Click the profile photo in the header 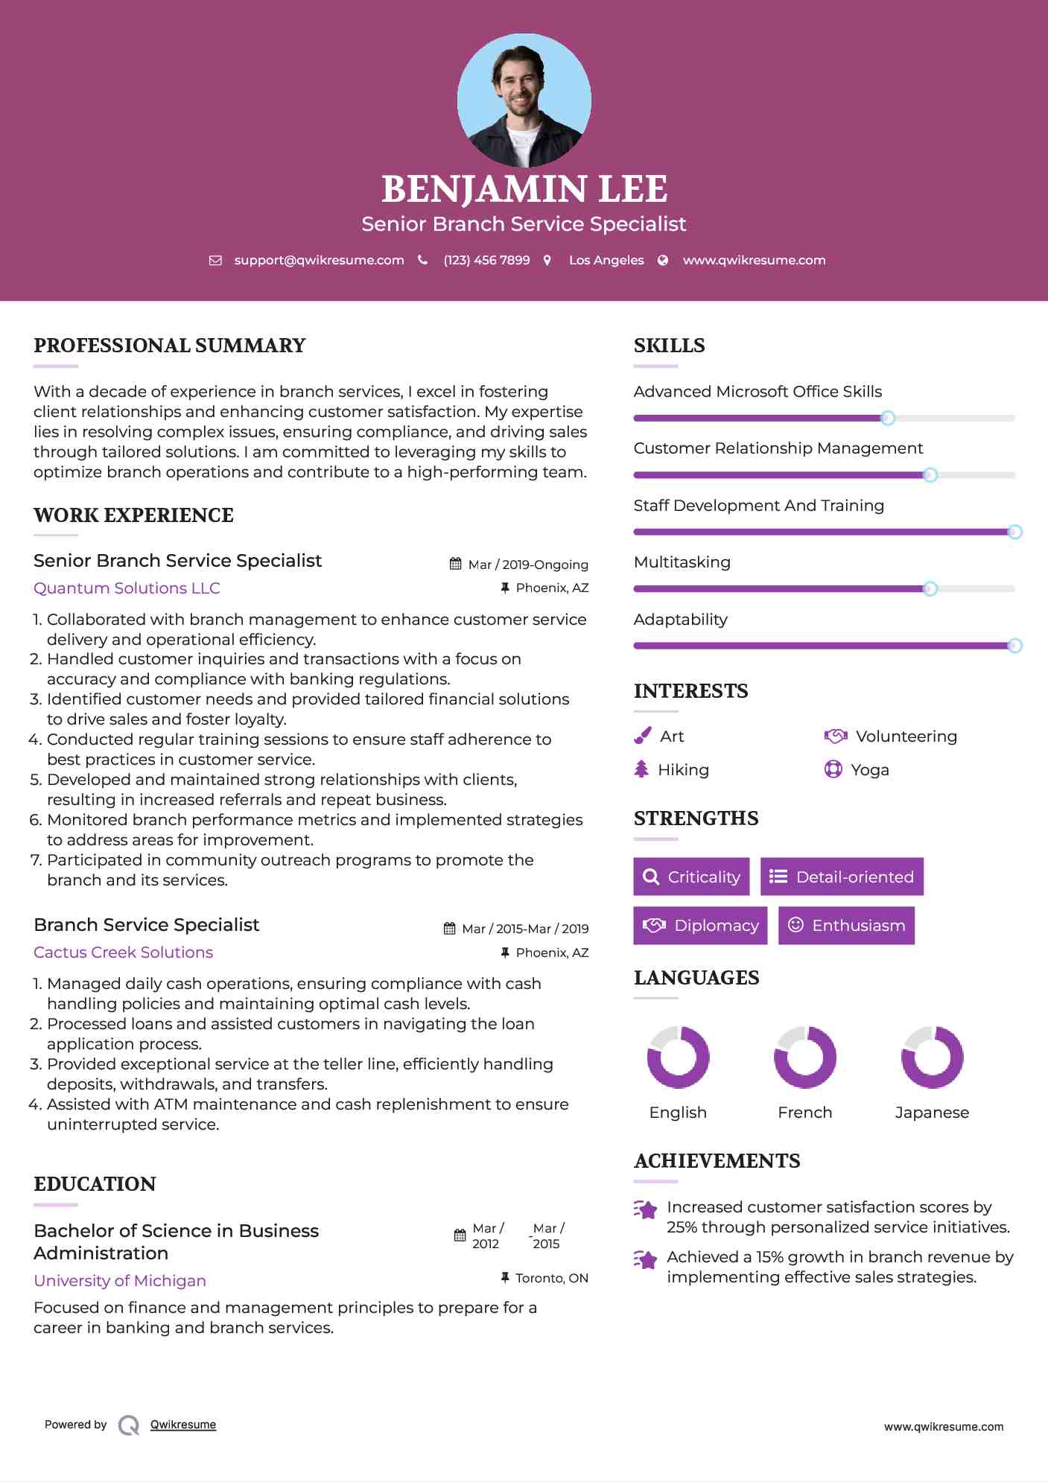(x=524, y=100)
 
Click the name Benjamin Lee (x=524, y=189)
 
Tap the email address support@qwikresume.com (x=319, y=260)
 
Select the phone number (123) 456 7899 (x=486, y=260)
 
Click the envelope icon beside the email (x=215, y=260)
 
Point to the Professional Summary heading (x=170, y=346)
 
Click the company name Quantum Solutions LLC (x=127, y=588)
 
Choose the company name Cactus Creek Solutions (x=123, y=953)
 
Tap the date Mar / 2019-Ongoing (x=528, y=565)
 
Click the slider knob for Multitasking (x=930, y=589)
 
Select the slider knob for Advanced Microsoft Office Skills (x=887, y=419)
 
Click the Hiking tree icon (x=641, y=769)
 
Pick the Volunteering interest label (x=906, y=737)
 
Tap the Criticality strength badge (x=691, y=877)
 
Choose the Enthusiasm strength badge (x=846, y=926)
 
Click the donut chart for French (x=804, y=1057)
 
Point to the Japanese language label (x=932, y=1113)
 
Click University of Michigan (x=120, y=1281)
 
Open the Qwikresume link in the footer (x=183, y=1425)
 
